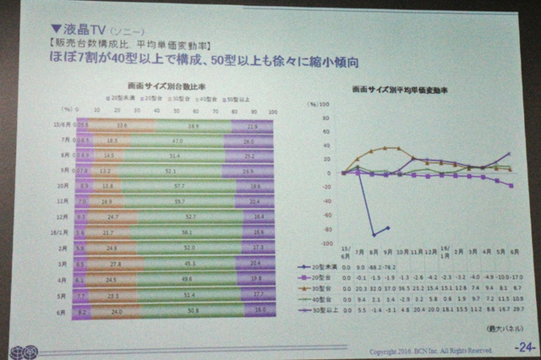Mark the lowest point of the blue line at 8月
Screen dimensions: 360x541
372,235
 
